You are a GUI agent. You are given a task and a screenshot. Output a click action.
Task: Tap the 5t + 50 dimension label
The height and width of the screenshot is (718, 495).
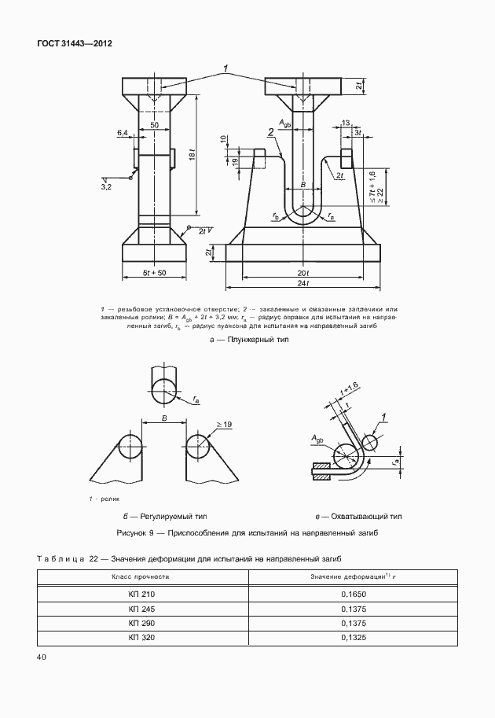154,273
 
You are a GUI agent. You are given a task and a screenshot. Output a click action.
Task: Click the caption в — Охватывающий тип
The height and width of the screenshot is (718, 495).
357,517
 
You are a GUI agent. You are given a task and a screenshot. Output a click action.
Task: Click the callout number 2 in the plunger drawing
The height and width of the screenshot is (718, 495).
269,134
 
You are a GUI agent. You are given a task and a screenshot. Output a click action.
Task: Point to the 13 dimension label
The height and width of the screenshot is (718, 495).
346,123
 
